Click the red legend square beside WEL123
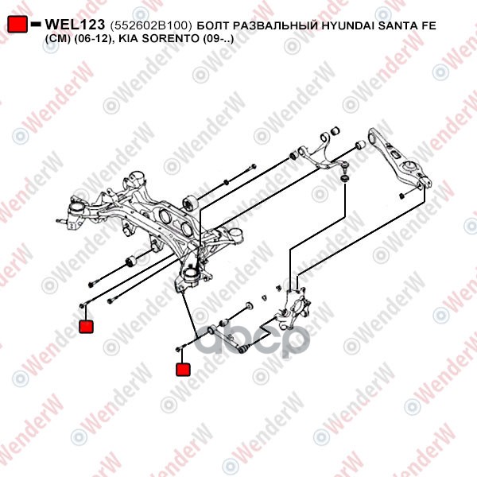[x=17, y=24]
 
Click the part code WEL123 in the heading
[x=75, y=25]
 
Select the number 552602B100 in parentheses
[x=151, y=25]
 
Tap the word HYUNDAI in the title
[x=348, y=25]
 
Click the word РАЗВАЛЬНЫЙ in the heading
[x=278, y=25]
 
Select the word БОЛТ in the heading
[x=215, y=25]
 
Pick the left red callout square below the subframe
[x=86, y=326]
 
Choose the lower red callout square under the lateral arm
[x=183, y=370]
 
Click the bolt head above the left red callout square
[x=82, y=305]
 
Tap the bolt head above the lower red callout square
[x=179, y=349]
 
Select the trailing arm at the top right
[x=399, y=158]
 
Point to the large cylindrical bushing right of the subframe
[x=190, y=204]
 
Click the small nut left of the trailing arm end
[x=401, y=196]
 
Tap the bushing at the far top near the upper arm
[x=335, y=131]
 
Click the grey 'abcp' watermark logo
[x=252, y=339]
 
